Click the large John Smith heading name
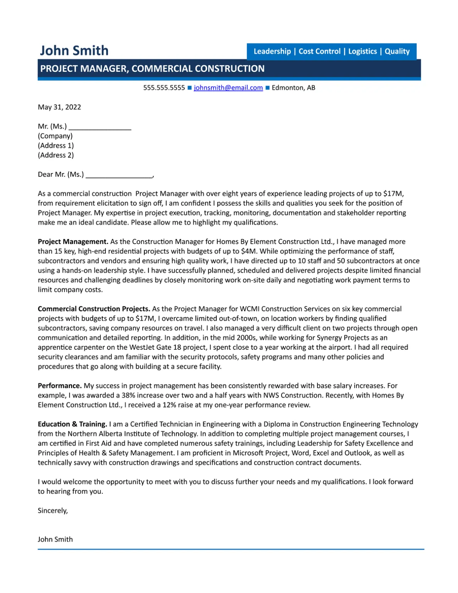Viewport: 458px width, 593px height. tap(74, 51)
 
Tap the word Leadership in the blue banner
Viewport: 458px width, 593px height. tap(272, 51)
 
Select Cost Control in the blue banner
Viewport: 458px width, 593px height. tap(319, 51)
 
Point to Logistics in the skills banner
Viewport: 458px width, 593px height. tap(362, 51)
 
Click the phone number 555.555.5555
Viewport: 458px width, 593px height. tap(164, 88)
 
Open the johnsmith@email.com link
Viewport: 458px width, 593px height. tap(228, 88)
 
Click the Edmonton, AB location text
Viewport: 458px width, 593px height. tap(293, 88)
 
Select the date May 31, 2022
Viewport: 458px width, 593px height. tap(59, 107)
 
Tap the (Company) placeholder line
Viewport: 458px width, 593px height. tap(55, 136)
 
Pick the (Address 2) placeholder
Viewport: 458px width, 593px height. tap(56, 155)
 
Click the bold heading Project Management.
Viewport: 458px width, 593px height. tap(73, 242)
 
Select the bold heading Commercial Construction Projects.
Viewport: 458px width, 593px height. tap(94, 309)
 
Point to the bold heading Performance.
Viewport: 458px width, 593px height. tap(60, 386)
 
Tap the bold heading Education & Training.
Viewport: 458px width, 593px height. tap(72, 424)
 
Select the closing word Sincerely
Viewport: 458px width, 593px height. tap(52, 511)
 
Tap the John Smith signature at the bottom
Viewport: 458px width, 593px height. tap(55, 539)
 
